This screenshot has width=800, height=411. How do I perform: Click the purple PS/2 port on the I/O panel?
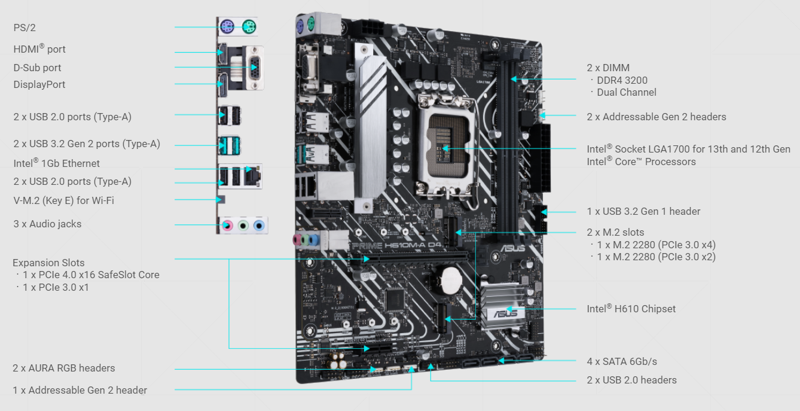tap(227, 26)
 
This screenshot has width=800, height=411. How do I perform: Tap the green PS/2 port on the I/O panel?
tap(249, 26)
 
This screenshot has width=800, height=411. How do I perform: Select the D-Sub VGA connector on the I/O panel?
tap(254, 68)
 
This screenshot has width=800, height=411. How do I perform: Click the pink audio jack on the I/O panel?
tap(227, 226)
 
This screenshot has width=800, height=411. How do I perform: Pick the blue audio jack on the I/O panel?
tap(259, 226)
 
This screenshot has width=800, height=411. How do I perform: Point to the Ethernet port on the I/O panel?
tap(252, 176)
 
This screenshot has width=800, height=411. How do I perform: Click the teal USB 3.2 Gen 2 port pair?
tap(229, 145)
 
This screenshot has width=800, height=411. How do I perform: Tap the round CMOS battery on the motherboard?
tap(451, 281)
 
